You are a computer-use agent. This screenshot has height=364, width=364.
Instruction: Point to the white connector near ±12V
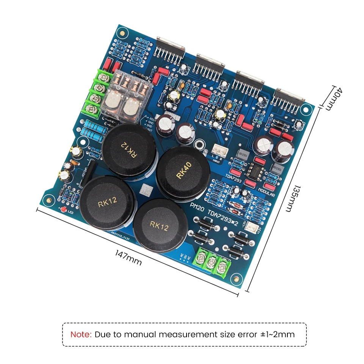(251, 227)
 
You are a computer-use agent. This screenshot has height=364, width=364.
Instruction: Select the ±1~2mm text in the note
(276, 334)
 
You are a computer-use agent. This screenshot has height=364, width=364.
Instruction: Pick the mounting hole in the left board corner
(48, 198)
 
